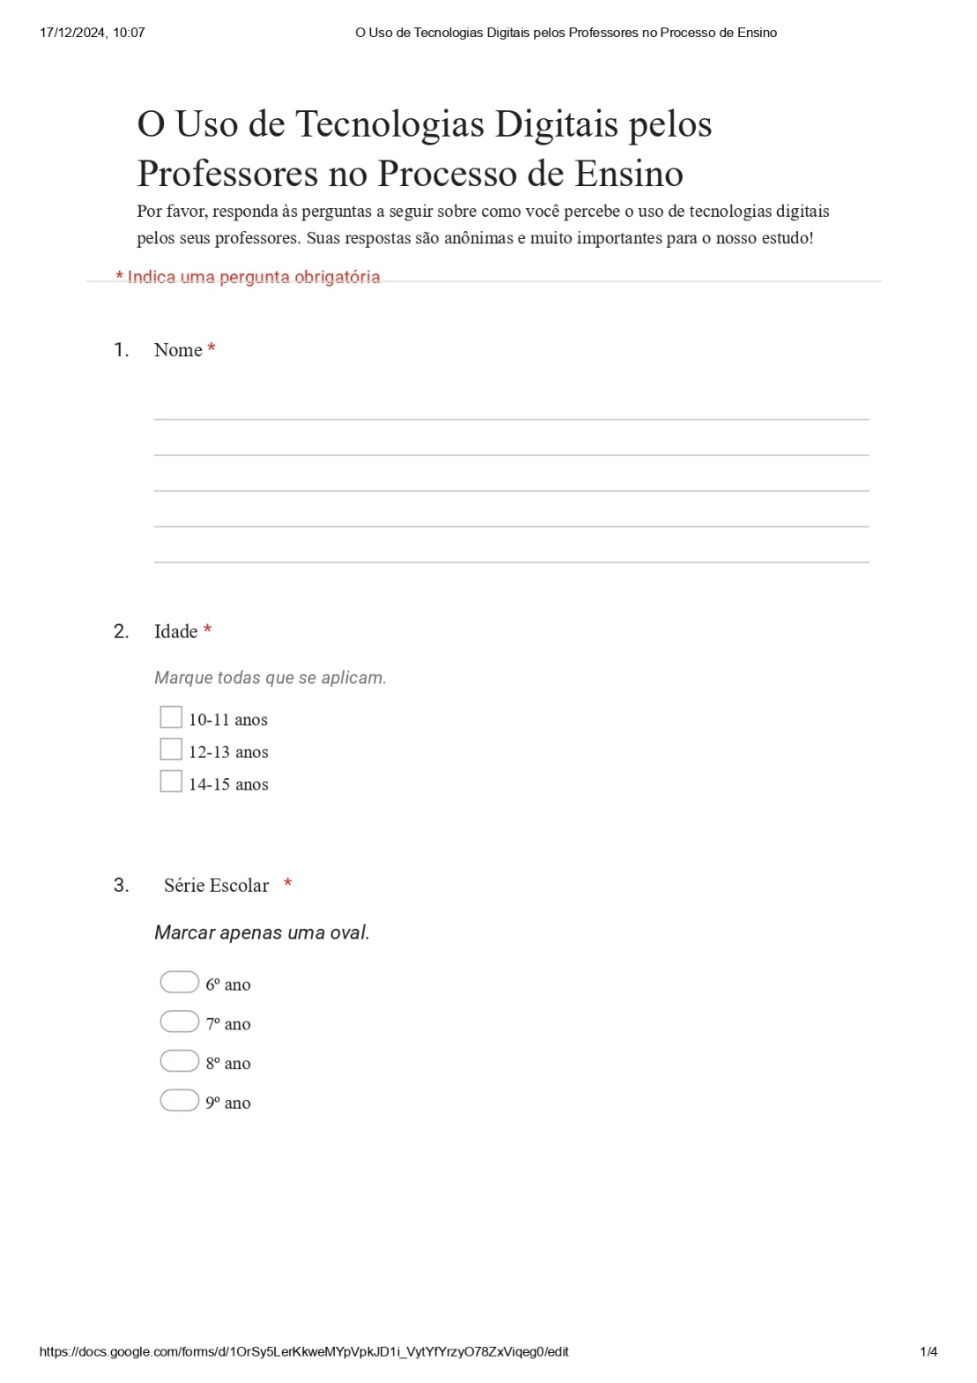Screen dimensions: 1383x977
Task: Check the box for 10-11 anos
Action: [x=171, y=718]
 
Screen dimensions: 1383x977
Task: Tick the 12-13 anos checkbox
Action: [x=171, y=749]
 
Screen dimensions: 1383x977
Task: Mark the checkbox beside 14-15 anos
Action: [x=171, y=782]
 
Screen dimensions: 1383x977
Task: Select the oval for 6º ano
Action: [x=180, y=982]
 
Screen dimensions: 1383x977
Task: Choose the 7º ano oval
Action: [x=180, y=1022]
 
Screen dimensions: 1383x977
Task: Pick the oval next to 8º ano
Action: [x=180, y=1061]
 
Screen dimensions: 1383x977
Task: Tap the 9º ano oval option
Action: [x=180, y=1101]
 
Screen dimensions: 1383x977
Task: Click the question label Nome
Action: [x=178, y=350]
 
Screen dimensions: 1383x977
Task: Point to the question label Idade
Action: [x=175, y=631]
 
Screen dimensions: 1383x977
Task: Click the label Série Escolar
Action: [x=216, y=886]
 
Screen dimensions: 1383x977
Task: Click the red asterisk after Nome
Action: [x=211, y=349]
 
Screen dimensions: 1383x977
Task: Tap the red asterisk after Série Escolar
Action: [x=288, y=884]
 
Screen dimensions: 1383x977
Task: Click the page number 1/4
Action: [x=929, y=1352]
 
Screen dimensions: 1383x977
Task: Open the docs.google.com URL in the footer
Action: [x=304, y=1352]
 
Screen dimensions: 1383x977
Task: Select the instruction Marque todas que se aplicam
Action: [x=270, y=678]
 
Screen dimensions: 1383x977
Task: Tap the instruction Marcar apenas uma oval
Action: [x=262, y=933]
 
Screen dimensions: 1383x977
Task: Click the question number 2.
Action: [x=121, y=631]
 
